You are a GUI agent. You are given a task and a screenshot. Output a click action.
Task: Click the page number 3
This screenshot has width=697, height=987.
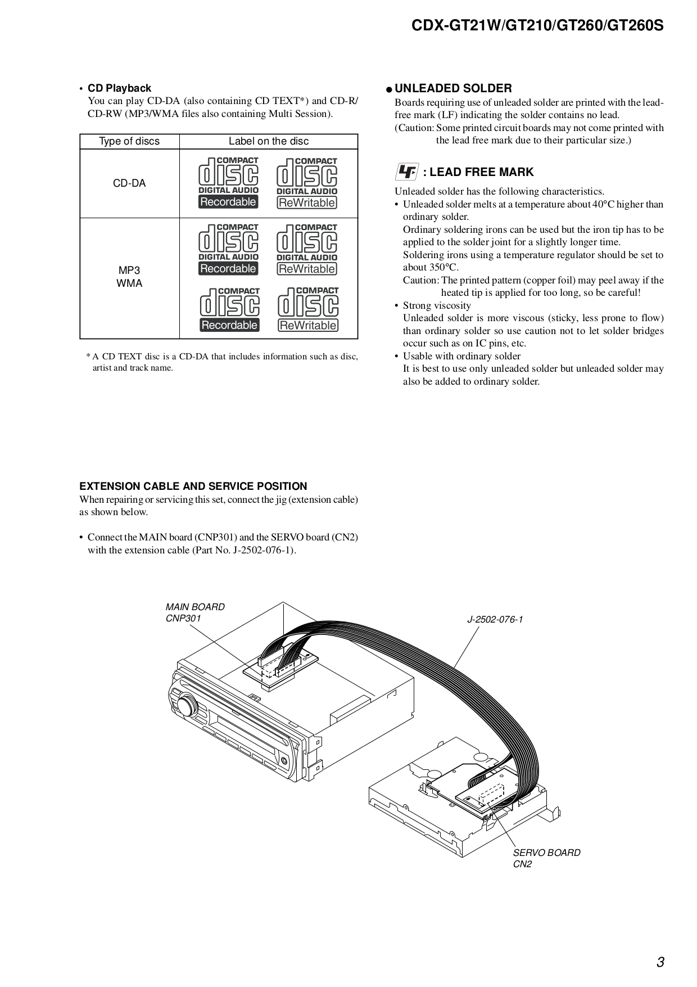point(660,962)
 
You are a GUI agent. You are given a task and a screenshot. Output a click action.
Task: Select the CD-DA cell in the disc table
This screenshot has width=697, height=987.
point(129,183)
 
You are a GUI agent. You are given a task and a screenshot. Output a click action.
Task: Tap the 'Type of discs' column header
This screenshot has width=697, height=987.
point(129,141)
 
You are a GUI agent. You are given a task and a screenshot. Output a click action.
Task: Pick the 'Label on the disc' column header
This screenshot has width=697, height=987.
point(269,141)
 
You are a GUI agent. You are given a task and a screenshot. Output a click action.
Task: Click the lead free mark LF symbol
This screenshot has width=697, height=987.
point(406,172)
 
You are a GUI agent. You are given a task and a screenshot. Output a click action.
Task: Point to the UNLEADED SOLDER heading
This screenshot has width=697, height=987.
point(453,88)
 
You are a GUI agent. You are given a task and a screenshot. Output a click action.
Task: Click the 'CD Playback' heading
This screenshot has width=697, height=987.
point(119,88)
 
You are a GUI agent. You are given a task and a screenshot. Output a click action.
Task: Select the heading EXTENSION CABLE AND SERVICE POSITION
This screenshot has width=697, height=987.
point(193,486)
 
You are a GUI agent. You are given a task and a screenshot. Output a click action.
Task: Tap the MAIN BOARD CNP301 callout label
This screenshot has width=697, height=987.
point(194,612)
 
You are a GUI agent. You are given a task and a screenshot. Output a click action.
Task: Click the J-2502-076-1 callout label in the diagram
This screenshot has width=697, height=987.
point(495,620)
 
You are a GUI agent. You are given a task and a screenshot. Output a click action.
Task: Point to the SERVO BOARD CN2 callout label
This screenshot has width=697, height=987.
point(546,858)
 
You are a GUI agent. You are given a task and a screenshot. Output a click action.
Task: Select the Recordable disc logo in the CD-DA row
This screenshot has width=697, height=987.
point(228,183)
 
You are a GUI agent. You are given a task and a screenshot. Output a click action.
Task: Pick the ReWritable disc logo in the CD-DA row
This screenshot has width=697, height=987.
point(307,183)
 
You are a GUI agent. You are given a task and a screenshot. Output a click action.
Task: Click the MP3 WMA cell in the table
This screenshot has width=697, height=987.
point(129,277)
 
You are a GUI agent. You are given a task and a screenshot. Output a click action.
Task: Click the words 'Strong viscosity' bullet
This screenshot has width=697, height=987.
point(437,305)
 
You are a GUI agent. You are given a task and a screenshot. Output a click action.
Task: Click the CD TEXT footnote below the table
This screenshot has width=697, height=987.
point(223,362)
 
